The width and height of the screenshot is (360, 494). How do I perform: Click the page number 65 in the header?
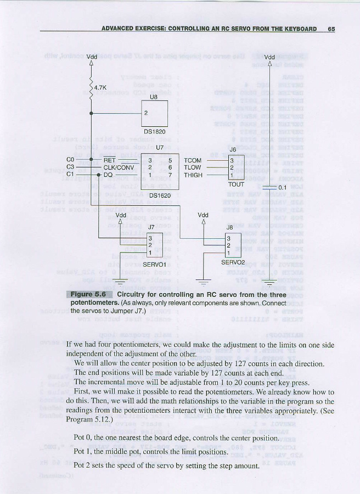(331, 29)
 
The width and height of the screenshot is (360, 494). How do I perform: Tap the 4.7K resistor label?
(100, 87)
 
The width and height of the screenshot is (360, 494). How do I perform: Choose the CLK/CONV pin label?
(119, 167)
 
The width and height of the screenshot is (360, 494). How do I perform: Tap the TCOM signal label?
(193, 160)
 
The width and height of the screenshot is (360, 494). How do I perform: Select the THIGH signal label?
(193, 175)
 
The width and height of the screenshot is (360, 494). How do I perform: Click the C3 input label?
(70, 167)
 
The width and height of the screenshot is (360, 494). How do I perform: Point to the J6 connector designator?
(233, 149)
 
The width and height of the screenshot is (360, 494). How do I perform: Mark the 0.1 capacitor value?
(283, 188)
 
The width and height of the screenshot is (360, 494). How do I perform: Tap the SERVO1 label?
(154, 264)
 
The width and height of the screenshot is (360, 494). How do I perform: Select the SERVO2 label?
(233, 262)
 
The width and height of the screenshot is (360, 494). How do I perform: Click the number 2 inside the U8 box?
(146, 113)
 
